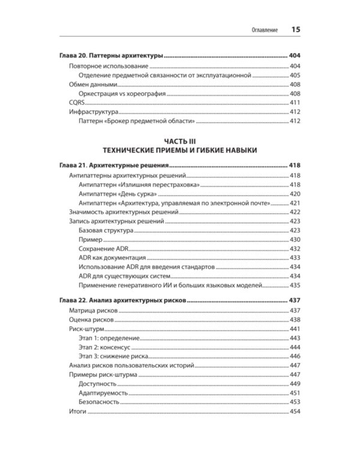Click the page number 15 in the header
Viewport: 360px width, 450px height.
(x=296, y=29)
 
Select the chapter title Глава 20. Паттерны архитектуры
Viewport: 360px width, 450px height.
(x=111, y=56)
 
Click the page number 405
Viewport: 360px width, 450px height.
(x=295, y=75)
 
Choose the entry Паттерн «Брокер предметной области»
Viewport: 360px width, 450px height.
(x=137, y=122)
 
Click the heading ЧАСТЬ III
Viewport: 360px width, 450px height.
(x=179, y=141)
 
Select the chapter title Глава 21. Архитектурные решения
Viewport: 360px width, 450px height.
(x=114, y=166)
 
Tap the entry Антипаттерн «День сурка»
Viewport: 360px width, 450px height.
(x=118, y=194)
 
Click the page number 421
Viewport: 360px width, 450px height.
(x=295, y=204)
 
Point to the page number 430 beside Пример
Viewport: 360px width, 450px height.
(x=295, y=239)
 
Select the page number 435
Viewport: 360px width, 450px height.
(x=295, y=285)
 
